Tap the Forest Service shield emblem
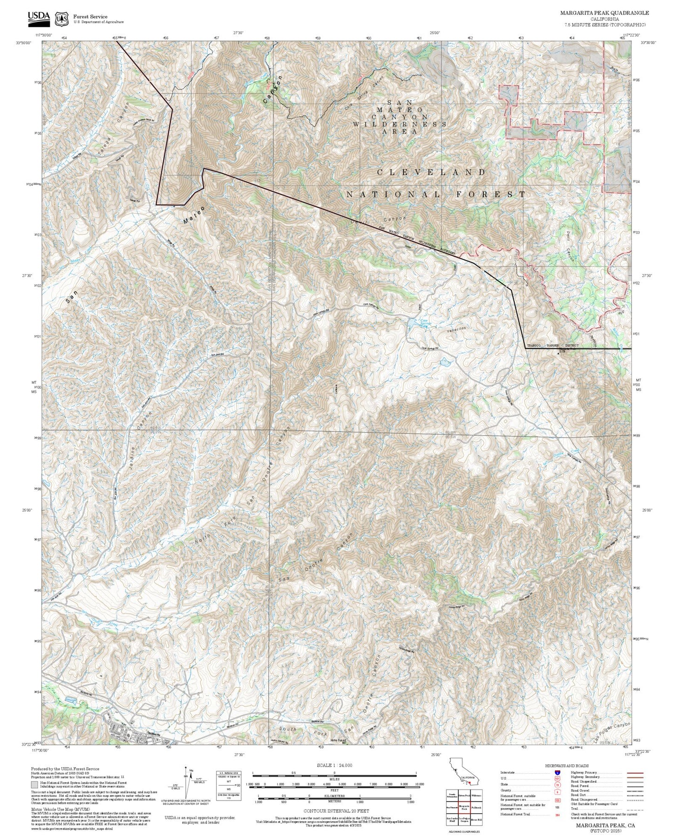[61, 19]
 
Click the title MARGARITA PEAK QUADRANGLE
[604, 13]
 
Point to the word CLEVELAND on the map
[431, 172]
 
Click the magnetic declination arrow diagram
[187, 783]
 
